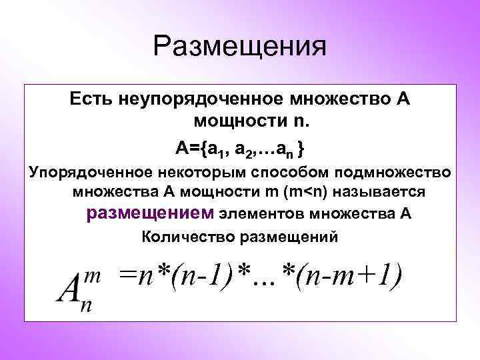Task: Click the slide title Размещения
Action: (240, 48)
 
